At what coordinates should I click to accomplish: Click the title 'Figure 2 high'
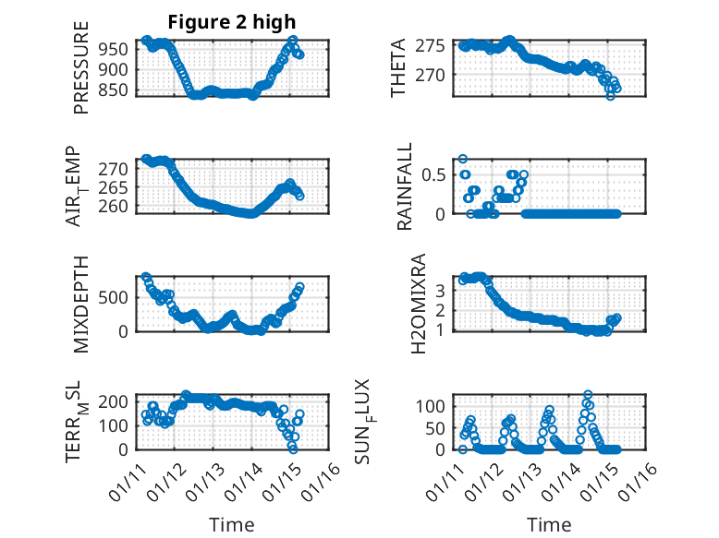point(231,23)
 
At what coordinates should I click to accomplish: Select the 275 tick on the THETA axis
point(432,45)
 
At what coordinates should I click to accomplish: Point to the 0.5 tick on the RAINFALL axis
point(436,173)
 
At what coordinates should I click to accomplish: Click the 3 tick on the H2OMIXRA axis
point(441,290)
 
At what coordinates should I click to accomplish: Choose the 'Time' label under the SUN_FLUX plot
point(549,525)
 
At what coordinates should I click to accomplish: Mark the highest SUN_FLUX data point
point(588,395)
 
